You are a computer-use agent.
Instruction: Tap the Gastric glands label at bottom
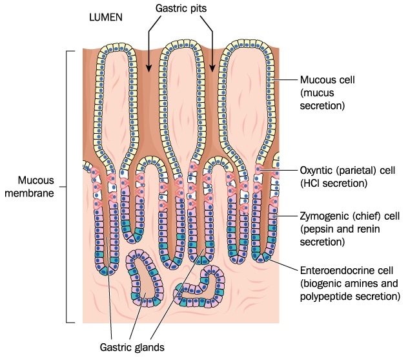(x=137, y=346)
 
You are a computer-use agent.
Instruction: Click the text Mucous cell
(x=327, y=80)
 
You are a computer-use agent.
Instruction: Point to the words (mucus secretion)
(x=323, y=98)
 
